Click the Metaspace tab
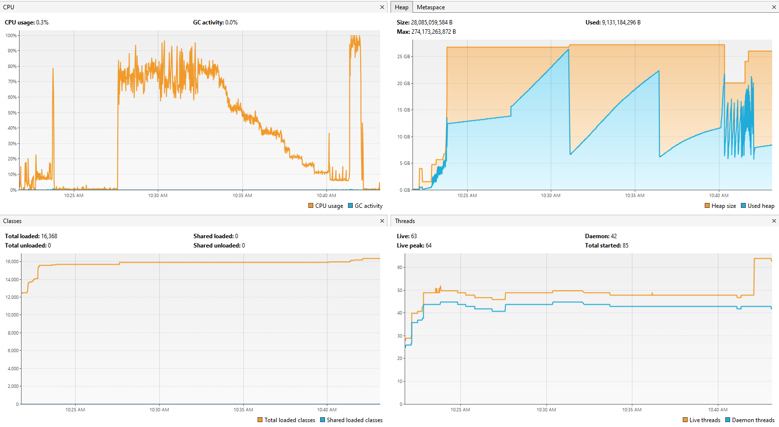click(x=431, y=7)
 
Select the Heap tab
click(x=402, y=7)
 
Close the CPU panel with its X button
click(x=382, y=7)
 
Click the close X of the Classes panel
click(x=382, y=221)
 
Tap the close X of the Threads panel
click(x=774, y=221)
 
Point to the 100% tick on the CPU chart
click(x=11, y=36)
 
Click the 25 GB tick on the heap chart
click(x=403, y=57)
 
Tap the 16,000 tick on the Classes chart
click(x=12, y=262)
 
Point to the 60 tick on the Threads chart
click(x=400, y=268)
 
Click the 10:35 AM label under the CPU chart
click(x=242, y=196)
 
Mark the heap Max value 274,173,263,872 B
click(x=433, y=32)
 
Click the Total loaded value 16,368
click(x=49, y=236)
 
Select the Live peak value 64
click(x=429, y=246)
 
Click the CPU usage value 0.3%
click(x=42, y=22)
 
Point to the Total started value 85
click(x=626, y=246)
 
